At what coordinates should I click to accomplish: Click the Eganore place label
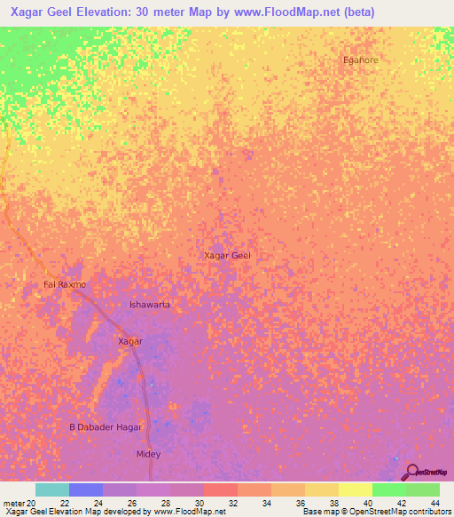(360, 60)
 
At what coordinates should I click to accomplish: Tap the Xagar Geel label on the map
(227, 256)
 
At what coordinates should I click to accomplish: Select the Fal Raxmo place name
(65, 284)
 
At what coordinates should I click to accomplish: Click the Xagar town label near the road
(130, 341)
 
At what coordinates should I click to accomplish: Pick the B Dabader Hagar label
(106, 427)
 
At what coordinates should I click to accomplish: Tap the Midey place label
(147, 454)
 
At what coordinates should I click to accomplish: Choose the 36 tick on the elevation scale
(301, 503)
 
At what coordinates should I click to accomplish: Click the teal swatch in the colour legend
(51, 489)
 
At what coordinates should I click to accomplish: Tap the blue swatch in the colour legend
(85, 489)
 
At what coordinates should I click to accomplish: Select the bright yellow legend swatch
(355, 489)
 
